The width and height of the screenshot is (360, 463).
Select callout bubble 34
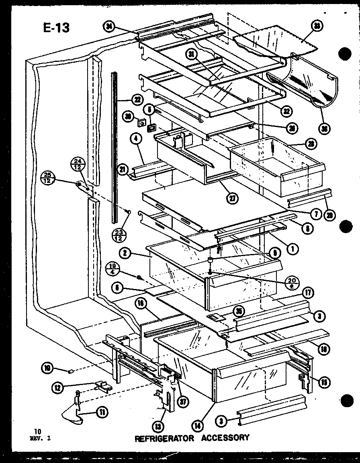(108, 27)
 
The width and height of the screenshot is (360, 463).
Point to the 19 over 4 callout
(112, 268)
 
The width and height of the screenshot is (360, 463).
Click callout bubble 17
(309, 292)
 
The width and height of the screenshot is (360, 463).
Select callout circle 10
(47, 367)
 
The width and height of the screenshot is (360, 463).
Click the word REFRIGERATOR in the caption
(165, 438)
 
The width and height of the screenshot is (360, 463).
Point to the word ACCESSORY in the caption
(225, 438)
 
